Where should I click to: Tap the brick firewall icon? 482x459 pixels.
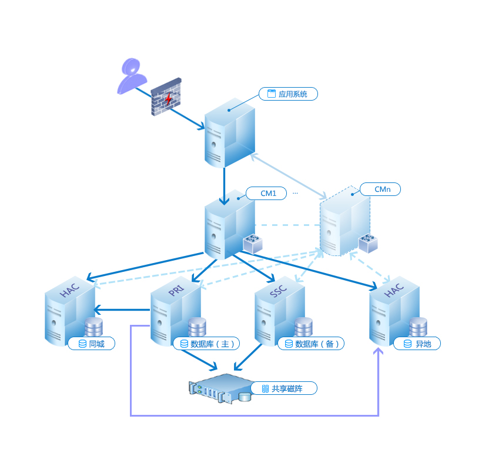166,97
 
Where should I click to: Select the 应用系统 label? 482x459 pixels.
288,94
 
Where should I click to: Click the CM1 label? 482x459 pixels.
268,192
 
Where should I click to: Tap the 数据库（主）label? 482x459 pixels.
206,344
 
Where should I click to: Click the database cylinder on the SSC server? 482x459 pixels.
303,327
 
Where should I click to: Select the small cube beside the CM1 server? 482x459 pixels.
253,243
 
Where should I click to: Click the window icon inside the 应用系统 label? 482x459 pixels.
272,94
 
